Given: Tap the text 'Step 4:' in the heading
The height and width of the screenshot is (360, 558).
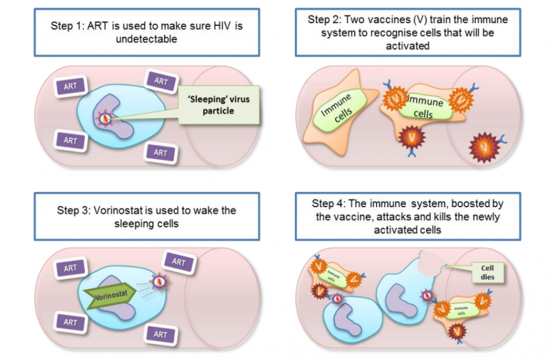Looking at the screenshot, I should tap(326, 203).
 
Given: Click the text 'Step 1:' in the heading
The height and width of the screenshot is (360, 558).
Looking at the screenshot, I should tap(72, 26).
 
